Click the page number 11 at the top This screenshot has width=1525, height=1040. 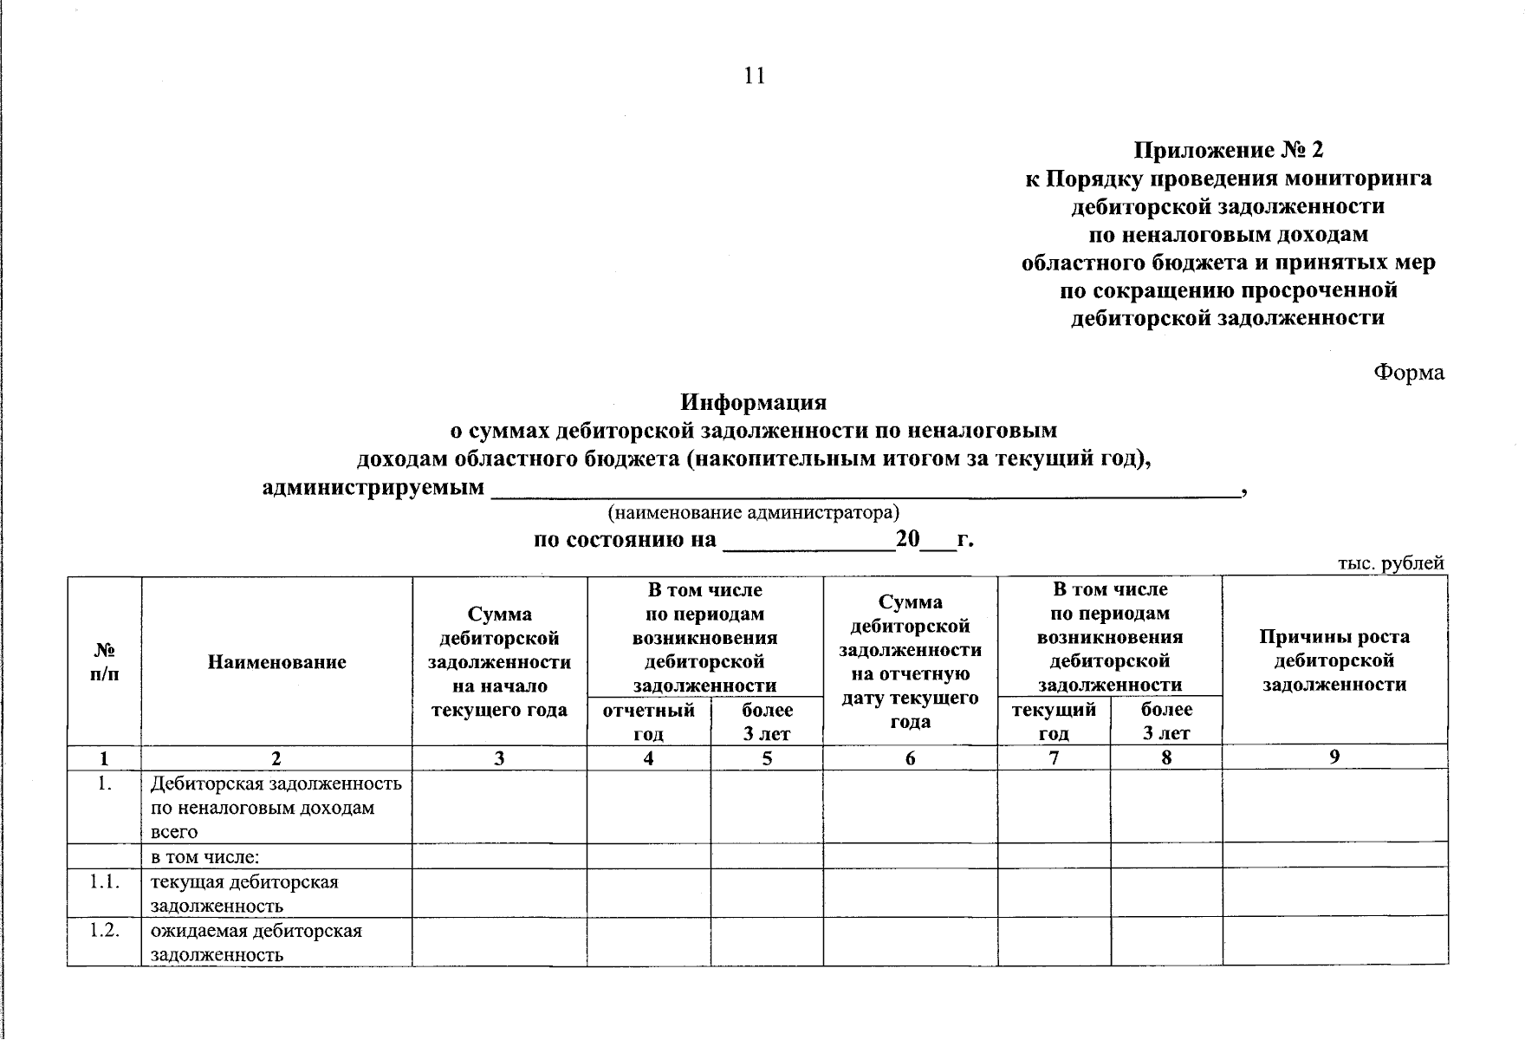tap(754, 76)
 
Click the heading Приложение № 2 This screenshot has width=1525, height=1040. tap(1229, 150)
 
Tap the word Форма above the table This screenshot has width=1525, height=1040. tap(1408, 373)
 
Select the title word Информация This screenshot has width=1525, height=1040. tap(753, 402)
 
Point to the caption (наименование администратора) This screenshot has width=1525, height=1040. tap(753, 512)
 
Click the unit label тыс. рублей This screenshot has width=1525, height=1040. tap(1391, 563)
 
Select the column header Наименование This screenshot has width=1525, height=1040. tap(276, 662)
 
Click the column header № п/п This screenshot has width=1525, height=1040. tap(104, 662)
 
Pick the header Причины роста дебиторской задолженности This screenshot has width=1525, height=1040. tap(1334, 660)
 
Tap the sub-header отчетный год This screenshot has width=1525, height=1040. tap(648, 722)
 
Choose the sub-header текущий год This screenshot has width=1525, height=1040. tap(1054, 721)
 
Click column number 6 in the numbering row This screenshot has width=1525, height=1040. tap(910, 758)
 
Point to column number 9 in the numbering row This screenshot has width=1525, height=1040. tap(1334, 757)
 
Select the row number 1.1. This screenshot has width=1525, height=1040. tap(104, 882)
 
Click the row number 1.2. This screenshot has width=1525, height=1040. tap(104, 931)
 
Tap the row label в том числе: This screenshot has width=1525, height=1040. tap(205, 857)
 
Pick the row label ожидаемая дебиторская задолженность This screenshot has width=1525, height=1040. tap(256, 943)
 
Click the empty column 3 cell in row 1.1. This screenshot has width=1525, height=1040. tap(499, 894)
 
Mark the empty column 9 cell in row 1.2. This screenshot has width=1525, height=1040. tap(1334, 942)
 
